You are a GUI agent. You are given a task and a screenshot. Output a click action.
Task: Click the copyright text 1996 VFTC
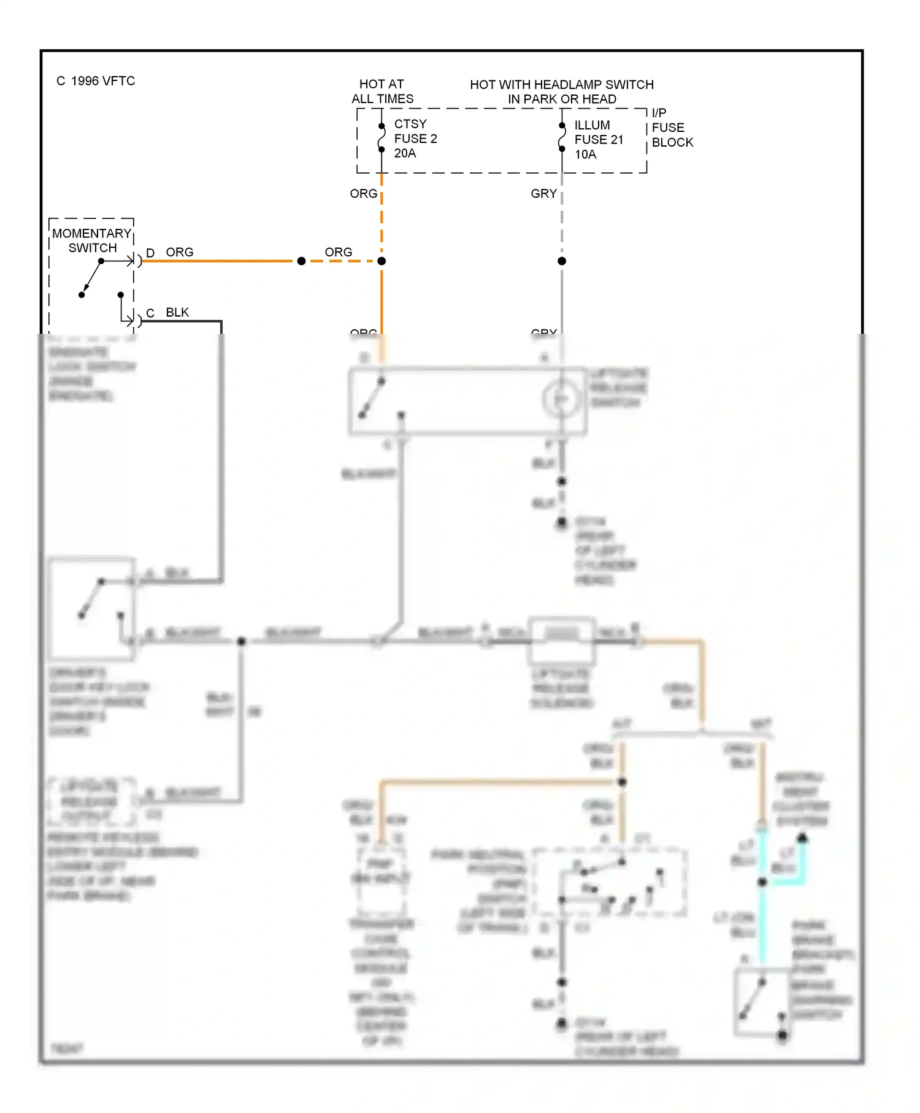coord(96,81)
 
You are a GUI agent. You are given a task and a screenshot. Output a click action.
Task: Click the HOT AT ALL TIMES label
coord(381,91)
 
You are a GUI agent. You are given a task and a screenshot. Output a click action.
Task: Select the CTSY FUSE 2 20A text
coord(415,139)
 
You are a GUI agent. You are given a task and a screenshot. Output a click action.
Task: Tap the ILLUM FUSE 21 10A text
coord(598,140)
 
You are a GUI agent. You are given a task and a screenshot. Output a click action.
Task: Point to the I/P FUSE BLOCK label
coord(671,128)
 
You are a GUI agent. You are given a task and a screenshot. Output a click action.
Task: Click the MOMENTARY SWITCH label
coord(91,241)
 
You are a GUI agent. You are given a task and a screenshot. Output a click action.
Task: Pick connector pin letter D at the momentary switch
coord(150,253)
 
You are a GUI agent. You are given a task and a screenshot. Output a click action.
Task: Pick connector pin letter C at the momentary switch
coord(150,313)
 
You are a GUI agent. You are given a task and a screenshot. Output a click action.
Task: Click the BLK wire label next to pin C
coord(177,312)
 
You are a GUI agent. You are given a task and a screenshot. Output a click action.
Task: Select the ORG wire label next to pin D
coord(179,252)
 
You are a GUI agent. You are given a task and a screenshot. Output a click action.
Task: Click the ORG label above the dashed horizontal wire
coord(338,252)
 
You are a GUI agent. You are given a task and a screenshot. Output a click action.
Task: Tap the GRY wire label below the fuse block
coord(543,194)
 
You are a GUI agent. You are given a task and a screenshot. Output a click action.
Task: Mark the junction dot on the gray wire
coord(562,261)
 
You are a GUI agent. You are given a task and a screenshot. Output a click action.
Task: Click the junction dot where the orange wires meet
coord(381,261)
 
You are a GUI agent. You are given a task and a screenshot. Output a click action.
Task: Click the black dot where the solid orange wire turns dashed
coord(301,261)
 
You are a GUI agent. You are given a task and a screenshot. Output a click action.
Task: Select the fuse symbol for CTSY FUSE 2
coord(381,138)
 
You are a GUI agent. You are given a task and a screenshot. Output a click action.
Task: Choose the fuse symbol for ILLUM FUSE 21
coord(561,137)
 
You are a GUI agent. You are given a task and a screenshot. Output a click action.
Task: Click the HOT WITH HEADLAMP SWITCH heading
coord(561,85)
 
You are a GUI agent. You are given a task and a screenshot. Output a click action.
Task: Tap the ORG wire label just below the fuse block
coord(363,194)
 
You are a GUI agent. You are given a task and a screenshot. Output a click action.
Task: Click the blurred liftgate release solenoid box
coord(561,641)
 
